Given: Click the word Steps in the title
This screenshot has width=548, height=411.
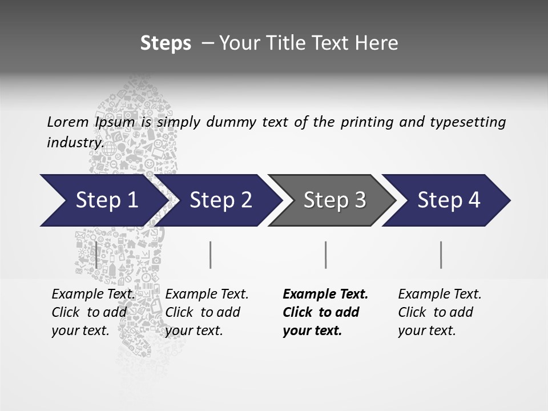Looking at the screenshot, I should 166,43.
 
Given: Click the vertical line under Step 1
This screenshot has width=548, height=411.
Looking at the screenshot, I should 96,255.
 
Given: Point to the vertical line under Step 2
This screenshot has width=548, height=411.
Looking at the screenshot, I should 211,255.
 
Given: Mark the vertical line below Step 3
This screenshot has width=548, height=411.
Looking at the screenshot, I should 325,255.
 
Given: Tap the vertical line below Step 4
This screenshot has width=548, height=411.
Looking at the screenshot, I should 441,255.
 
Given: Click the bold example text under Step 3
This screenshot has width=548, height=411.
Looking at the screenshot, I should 324,312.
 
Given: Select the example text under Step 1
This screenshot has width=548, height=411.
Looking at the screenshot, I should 93,312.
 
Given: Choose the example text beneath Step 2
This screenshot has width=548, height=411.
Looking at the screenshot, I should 207,312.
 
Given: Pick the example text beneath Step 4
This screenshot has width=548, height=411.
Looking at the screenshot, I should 440,312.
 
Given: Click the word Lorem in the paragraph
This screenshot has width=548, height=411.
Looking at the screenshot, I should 67,122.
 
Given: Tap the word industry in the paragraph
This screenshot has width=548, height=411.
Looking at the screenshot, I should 75,143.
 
